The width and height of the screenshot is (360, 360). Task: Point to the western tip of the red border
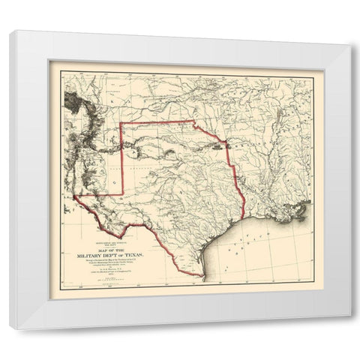(76, 196)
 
